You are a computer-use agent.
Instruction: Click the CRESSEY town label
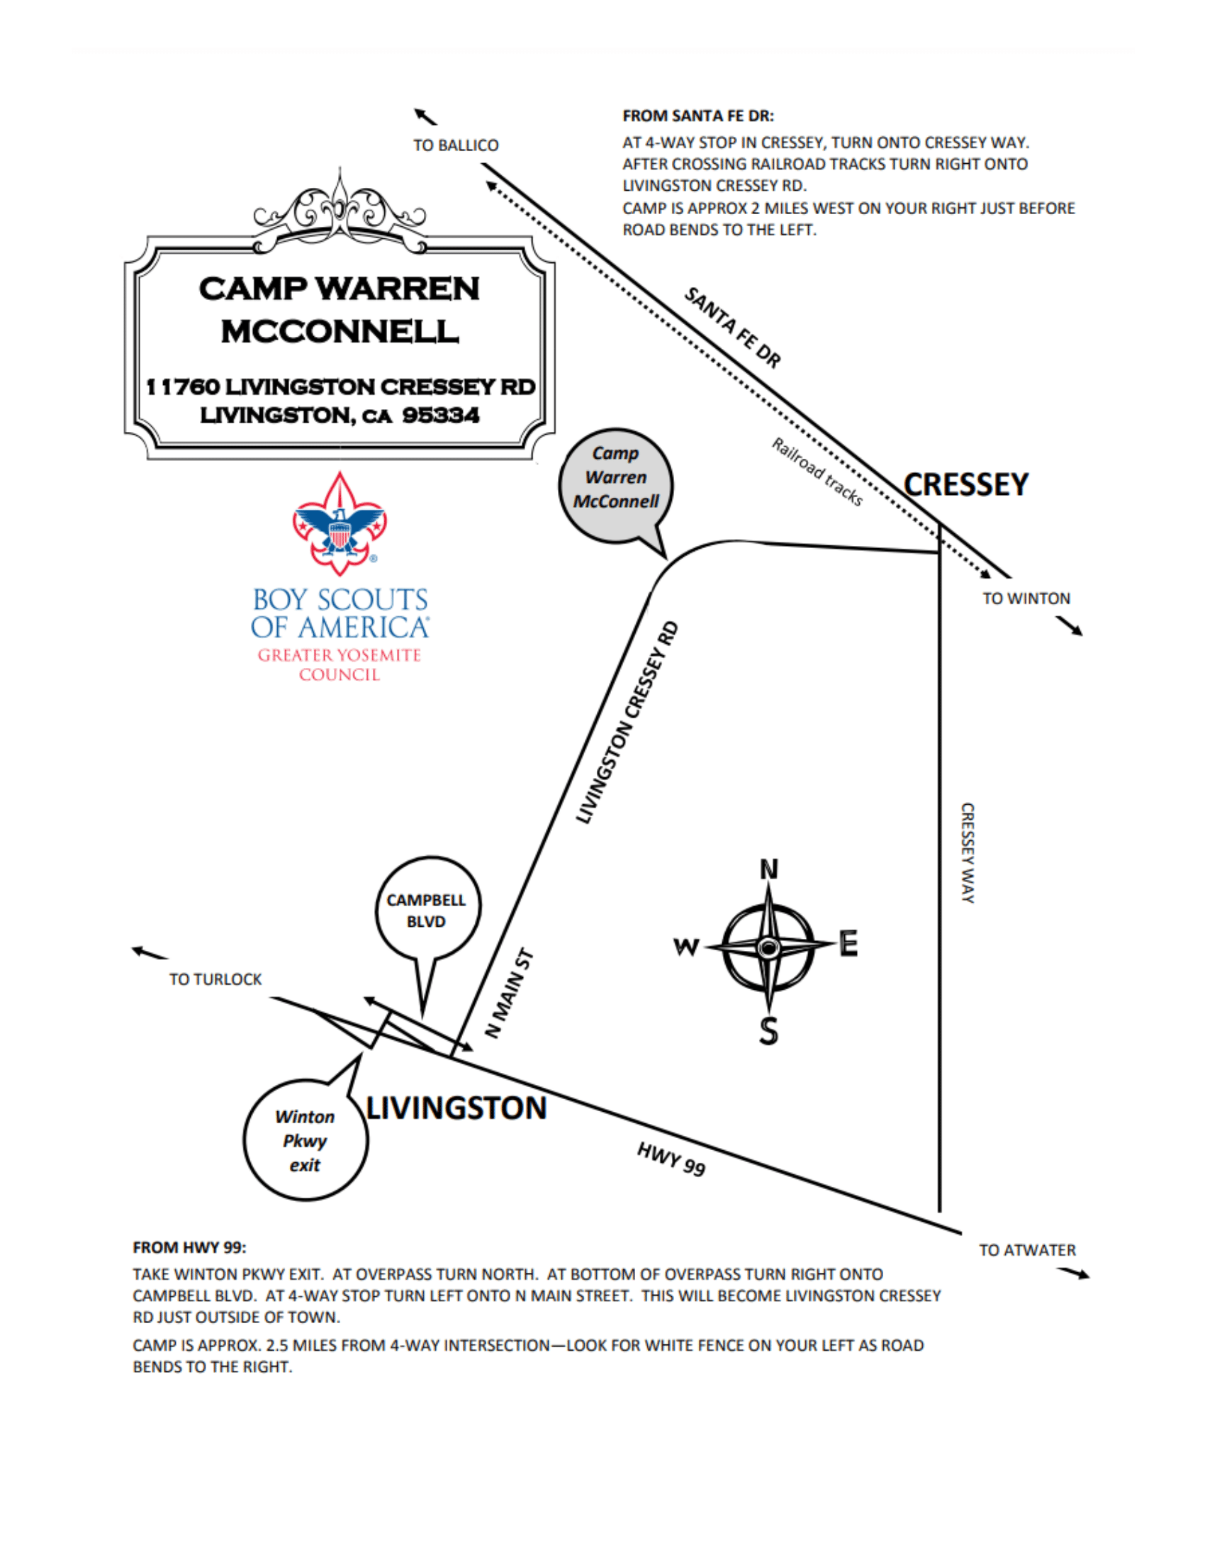(x=966, y=484)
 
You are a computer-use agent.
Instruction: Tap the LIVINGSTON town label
(x=456, y=1108)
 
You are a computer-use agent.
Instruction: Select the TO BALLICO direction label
(x=456, y=145)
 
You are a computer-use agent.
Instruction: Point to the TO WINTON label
(x=1026, y=598)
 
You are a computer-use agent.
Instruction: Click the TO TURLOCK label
(x=215, y=979)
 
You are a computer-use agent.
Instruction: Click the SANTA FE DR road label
(x=732, y=327)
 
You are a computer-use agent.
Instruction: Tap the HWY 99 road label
(x=671, y=1159)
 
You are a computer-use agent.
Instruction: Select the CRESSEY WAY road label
(x=968, y=853)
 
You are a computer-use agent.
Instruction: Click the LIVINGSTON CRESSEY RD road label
(x=627, y=722)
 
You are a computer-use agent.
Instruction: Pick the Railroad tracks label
(x=817, y=472)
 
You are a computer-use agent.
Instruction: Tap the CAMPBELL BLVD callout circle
(x=427, y=909)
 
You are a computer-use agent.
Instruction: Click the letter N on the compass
(x=769, y=869)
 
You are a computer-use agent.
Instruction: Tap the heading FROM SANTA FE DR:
(x=698, y=116)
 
